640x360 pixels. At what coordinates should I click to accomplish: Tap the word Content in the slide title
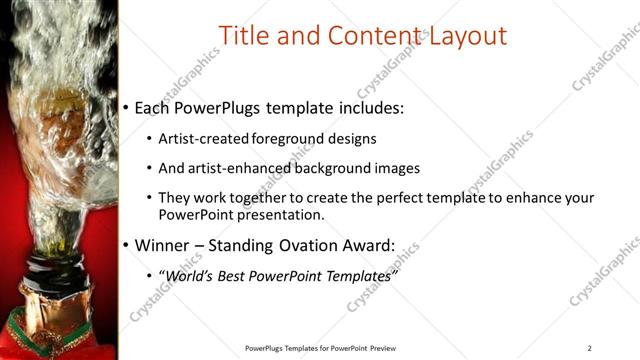pyautogui.click(x=366, y=37)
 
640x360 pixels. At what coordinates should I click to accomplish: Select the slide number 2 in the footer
pyautogui.click(x=590, y=347)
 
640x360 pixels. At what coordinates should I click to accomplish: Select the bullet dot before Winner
pyautogui.click(x=125, y=246)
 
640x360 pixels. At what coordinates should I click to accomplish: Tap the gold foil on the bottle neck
pyautogui.click(x=50, y=300)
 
